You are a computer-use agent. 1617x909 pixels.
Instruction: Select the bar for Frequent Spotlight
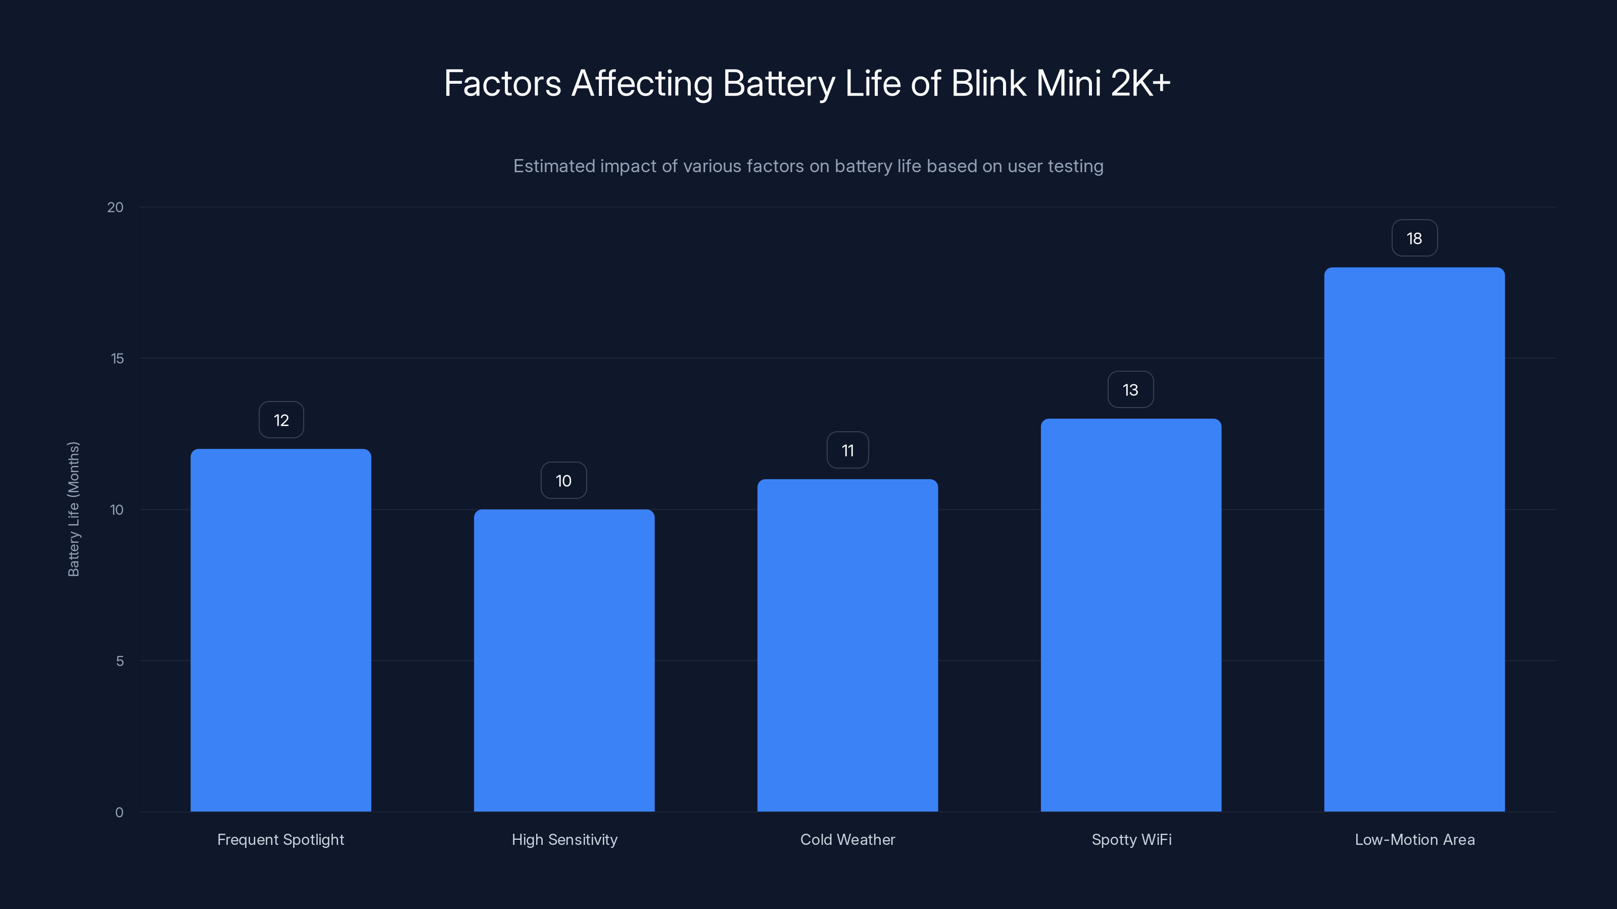coord(280,630)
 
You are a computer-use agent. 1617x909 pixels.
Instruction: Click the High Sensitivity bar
coord(564,660)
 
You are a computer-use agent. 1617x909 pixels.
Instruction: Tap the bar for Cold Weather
coord(847,645)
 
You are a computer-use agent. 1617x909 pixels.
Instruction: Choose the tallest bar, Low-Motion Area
coord(1414,539)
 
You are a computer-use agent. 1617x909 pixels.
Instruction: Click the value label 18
coord(1414,238)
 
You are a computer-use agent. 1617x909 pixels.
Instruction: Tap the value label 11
coord(847,450)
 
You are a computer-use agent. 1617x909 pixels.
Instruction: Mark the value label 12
coord(280,420)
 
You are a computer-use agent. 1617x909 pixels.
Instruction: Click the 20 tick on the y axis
coord(116,207)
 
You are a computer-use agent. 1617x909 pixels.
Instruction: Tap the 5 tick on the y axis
coord(119,661)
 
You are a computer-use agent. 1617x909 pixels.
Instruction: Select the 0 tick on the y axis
coord(119,813)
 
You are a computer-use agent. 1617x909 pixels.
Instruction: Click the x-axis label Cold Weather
coord(847,839)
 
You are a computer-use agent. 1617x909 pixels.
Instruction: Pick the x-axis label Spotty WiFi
coord(1131,839)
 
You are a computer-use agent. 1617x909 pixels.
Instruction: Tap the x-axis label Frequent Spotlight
coord(280,839)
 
